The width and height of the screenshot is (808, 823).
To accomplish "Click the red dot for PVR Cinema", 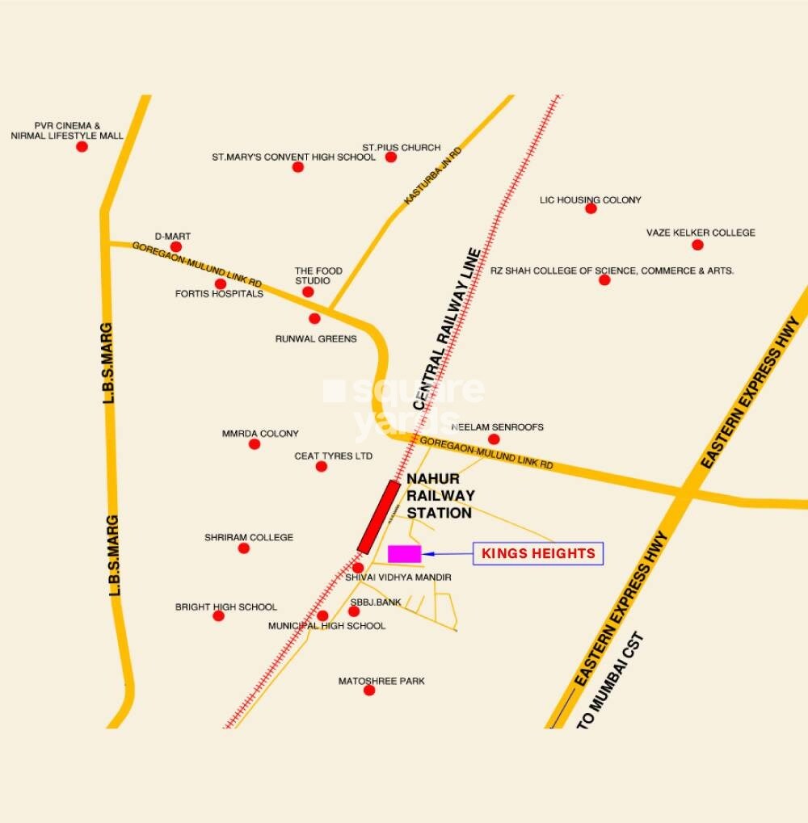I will [82, 146].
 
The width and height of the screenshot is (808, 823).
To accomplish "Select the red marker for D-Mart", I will [176, 246].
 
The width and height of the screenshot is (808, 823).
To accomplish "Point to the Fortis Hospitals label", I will [219, 294].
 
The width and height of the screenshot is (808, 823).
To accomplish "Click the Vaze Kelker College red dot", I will [697, 245].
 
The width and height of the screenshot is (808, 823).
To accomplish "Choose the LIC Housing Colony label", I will [590, 199].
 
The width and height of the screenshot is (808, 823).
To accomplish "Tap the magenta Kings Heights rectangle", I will [405, 553].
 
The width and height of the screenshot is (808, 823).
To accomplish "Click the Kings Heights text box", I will [538, 553].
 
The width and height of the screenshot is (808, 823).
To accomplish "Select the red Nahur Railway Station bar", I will [379, 517].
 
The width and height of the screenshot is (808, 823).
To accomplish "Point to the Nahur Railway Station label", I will [440, 495].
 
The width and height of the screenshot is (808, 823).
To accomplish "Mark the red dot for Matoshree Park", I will [369, 690].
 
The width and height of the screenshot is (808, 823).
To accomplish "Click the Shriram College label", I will [249, 537].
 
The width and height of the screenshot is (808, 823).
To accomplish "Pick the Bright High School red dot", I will [218, 615].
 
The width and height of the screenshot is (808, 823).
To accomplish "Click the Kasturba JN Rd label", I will [432, 175].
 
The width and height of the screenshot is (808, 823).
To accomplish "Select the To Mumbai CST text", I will [612, 682].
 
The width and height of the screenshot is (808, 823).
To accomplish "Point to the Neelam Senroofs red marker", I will [494, 439].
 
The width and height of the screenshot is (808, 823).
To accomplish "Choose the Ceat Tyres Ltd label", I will [333, 456].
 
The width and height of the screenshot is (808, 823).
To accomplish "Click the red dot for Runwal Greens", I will [314, 318].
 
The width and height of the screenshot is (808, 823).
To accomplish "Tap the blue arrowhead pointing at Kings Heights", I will [428, 553].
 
